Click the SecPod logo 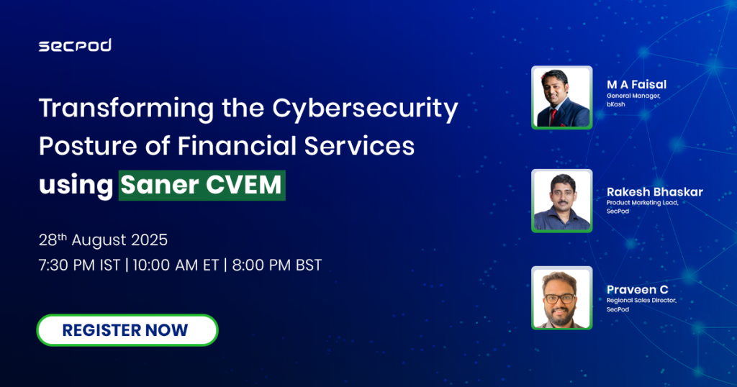coord(75,45)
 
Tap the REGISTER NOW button coord(127,330)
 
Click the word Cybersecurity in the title coord(365,109)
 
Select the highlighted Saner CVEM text coord(202,185)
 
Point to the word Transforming coord(127,109)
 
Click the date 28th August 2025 coord(103,240)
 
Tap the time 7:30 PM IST coord(79,265)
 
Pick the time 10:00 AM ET coord(176,265)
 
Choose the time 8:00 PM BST coord(277,265)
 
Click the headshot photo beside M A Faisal coord(561,97)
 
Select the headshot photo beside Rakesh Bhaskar coord(561,201)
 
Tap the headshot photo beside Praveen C coord(561,298)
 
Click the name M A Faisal coord(636,85)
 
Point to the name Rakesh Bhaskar coord(655,191)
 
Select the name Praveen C coord(638,289)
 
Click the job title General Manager coord(633,96)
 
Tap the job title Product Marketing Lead coord(642,203)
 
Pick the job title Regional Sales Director coord(641,300)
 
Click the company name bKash coord(616,104)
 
